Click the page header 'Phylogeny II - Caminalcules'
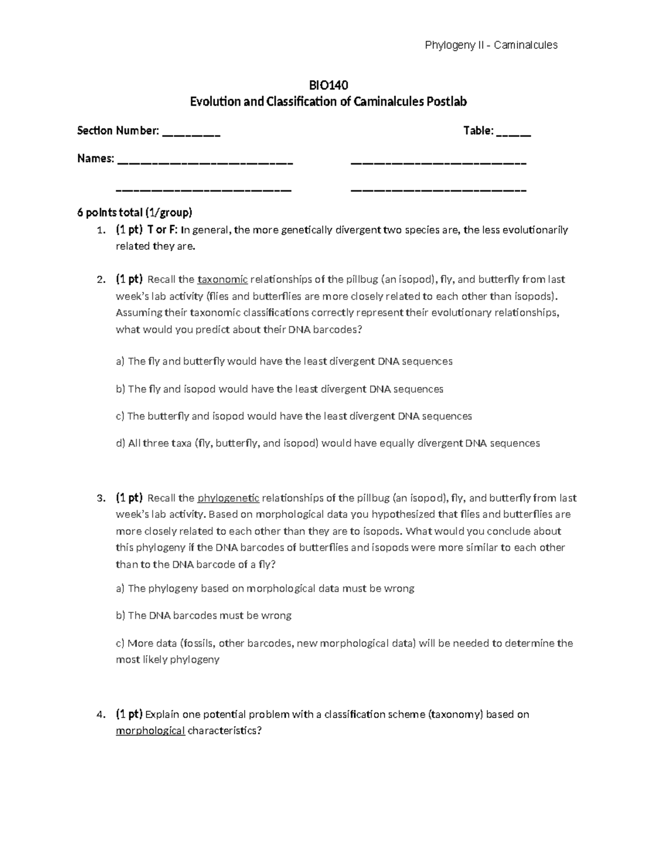pyautogui.click(x=491, y=45)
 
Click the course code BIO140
pyautogui.click(x=328, y=85)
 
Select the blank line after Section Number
pyautogui.click(x=192, y=131)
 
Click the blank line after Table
pyautogui.click(x=514, y=131)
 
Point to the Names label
pyautogui.click(x=96, y=159)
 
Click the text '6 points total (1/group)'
pyautogui.click(x=135, y=212)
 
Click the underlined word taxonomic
pyautogui.click(x=222, y=280)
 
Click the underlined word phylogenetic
pyautogui.click(x=228, y=498)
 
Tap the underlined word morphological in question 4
pyautogui.click(x=150, y=731)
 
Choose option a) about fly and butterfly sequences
pyautogui.click(x=284, y=361)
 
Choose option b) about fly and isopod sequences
pyautogui.click(x=279, y=389)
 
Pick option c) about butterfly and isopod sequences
pyautogui.click(x=293, y=416)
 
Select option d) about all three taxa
pyautogui.click(x=327, y=443)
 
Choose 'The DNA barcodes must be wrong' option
pyautogui.click(x=204, y=615)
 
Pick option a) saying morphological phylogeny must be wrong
pyautogui.click(x=265, y=588)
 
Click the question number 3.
pyautogui.click(x=100, y=499)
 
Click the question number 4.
pyautogui.click(x=100, y=715)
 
